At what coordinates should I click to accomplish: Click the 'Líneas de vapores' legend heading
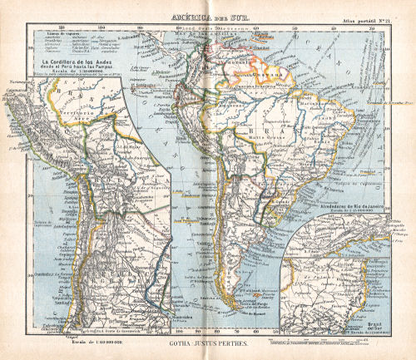[x=57, y=32]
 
